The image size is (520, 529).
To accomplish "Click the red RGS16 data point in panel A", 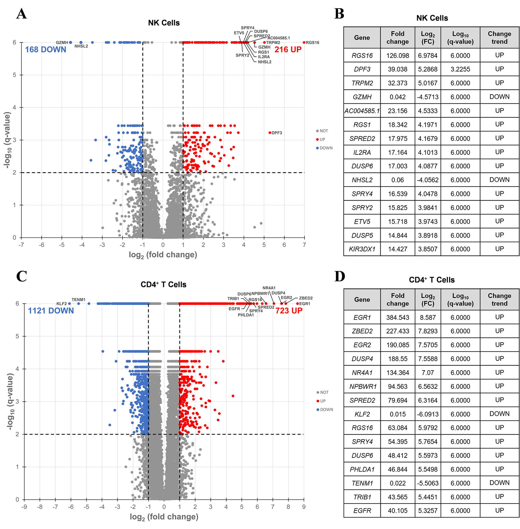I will click(x=304, y=42).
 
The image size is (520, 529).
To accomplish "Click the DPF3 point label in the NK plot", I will click(x=276, y=133).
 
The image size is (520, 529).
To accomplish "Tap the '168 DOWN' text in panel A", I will click(x=46, y=49).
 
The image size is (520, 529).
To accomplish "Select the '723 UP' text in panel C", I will click(x=289, y=311).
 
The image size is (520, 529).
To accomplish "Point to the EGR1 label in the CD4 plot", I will click(x=304, y=303).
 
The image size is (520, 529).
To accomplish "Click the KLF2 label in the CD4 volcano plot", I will click(x=62, y=303).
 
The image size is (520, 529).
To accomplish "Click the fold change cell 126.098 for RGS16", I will click(x=397, y=55).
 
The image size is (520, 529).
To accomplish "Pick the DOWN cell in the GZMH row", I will click(x=499, y=97).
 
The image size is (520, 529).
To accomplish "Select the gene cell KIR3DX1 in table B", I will click(x=362, y=249).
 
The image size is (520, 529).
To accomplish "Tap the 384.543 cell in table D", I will click(x=397, y=317).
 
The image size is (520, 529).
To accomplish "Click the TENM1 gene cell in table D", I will click(x=362, y=483).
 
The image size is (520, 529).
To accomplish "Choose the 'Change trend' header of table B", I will click(x=499, y=38).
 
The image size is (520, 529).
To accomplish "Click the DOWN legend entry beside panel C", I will click(x=326, y=409).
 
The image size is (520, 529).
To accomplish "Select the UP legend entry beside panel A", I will click(x=322, y=139).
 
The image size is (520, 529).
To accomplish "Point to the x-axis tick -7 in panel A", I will click(x=21, y=245).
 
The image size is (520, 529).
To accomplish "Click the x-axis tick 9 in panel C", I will click(x=304, y=507).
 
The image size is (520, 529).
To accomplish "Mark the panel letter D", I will click(x=339, y=276).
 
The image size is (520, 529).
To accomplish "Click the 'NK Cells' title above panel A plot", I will click(x=164, y=23).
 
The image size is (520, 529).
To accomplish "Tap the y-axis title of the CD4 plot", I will click(x=10, y=401).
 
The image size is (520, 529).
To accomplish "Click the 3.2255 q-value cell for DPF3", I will click(x=460, y=69).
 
